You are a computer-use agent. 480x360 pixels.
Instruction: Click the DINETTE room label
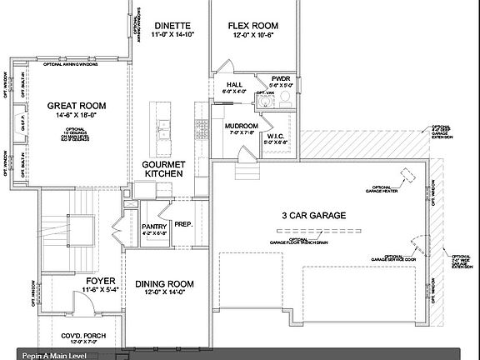pyautogui.click(x=172, y=26)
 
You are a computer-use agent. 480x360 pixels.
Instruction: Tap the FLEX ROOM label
pyautogui.click(x=253, y=26)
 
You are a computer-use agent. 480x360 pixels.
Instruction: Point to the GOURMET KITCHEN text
pyautogui.click(x=163, y=168)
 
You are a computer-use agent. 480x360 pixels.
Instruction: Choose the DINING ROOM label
pyautogui.click(x=164, y=283)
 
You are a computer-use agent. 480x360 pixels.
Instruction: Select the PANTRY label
pyautogui.click(x=155, y=226)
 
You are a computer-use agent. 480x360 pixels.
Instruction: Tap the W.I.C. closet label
pyautogui.click(x=277, y=135)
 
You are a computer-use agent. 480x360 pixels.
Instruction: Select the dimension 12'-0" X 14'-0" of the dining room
pyautogui.click(x=164, y=292)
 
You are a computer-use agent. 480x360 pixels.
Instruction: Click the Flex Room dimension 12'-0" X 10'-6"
pyautogui.click(x=253, y=36)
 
